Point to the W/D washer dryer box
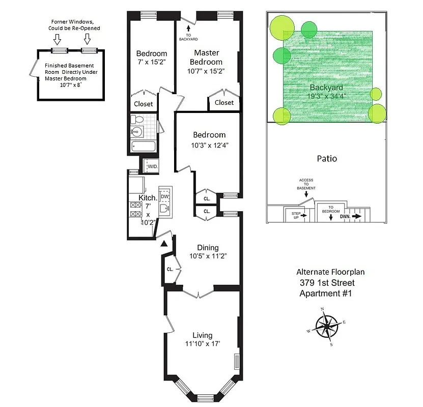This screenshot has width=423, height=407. pyautogui.click(x=152, y=166)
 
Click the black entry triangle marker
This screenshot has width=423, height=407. pyautogui.click(x=164, y=245)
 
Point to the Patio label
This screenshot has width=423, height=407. pyautogui.click(x=326, y=158)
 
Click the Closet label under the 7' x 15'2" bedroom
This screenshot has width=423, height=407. pyautogui.click(x=143, y=104)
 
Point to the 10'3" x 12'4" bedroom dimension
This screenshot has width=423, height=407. pyautogui.click(x=209, y=145)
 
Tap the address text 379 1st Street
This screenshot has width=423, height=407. pyautogui.click(x=326, y=283)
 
